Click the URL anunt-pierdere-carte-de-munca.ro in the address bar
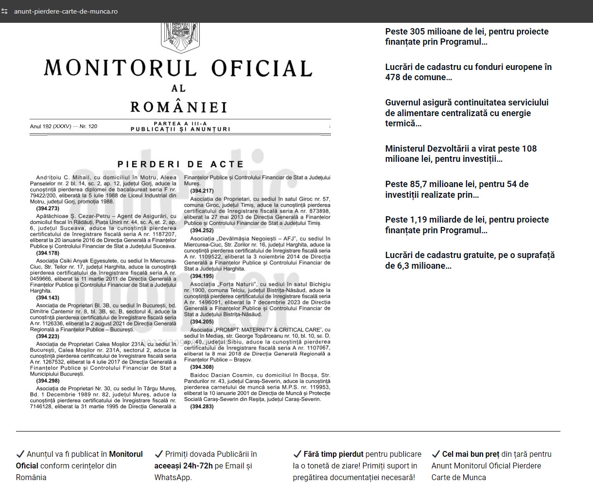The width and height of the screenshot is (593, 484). click(x=66, y=11)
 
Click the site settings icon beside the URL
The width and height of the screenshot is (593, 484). click(x=5, y=11)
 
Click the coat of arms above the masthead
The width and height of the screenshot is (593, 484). click(x=180, y=37)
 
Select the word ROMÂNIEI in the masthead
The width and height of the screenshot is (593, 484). click(x=179, y=107)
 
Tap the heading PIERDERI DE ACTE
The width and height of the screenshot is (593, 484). click(x=180, y=164)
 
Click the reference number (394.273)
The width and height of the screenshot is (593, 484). click(x=48, y=208)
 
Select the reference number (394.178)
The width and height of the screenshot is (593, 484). click(x=48, y=253)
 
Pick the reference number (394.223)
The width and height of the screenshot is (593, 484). click(x=48, y=336)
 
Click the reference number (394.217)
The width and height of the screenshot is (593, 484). click(x=202, y=191)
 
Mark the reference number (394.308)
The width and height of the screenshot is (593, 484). click(x=202, y=367)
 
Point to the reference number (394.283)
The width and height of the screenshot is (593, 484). click(x=202, y=406)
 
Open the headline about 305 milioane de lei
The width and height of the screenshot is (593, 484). click(x=467, y=36)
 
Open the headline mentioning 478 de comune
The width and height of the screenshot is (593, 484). click(x=468, y=72)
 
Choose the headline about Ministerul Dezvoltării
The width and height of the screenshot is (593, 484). click(x=461, y=154)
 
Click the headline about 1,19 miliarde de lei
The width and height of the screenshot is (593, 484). click(x=467, y=225)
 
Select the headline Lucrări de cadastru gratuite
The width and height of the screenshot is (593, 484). click(x=470, y=260)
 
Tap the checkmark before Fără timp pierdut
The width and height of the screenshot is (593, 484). click(x=297, y=454)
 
